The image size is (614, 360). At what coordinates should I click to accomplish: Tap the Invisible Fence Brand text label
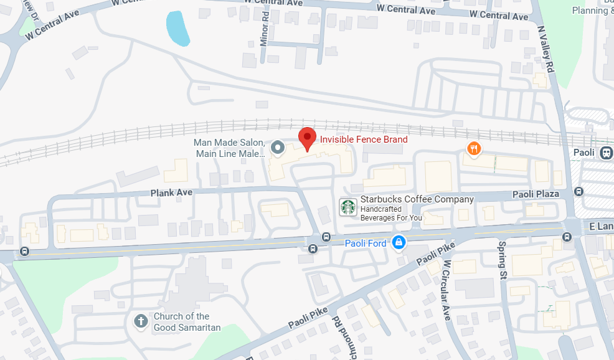(x=364, y=140)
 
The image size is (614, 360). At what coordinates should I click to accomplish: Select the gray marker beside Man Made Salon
(x=279, y=148)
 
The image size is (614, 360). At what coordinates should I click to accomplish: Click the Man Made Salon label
(x=230, y=148)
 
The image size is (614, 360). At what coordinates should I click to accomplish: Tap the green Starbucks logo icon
(x=347, y=207)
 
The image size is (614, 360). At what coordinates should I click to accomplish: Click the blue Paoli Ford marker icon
(x=399, y=242)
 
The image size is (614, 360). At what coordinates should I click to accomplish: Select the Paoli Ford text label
(x=366, y=243)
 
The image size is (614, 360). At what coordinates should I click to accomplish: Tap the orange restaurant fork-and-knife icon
(x=475, y=148)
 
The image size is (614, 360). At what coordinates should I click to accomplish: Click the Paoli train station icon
(x=605, y=153)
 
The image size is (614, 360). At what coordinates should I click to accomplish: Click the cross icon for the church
(x=141, y=322)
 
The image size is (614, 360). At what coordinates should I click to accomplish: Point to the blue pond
(x=177, y=28)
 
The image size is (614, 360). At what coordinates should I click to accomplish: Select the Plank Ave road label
(x=171, y=192)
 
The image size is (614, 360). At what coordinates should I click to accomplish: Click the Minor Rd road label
(x=265, y=37)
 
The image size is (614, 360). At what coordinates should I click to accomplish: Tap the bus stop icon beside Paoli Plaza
(x=579, y=191)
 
